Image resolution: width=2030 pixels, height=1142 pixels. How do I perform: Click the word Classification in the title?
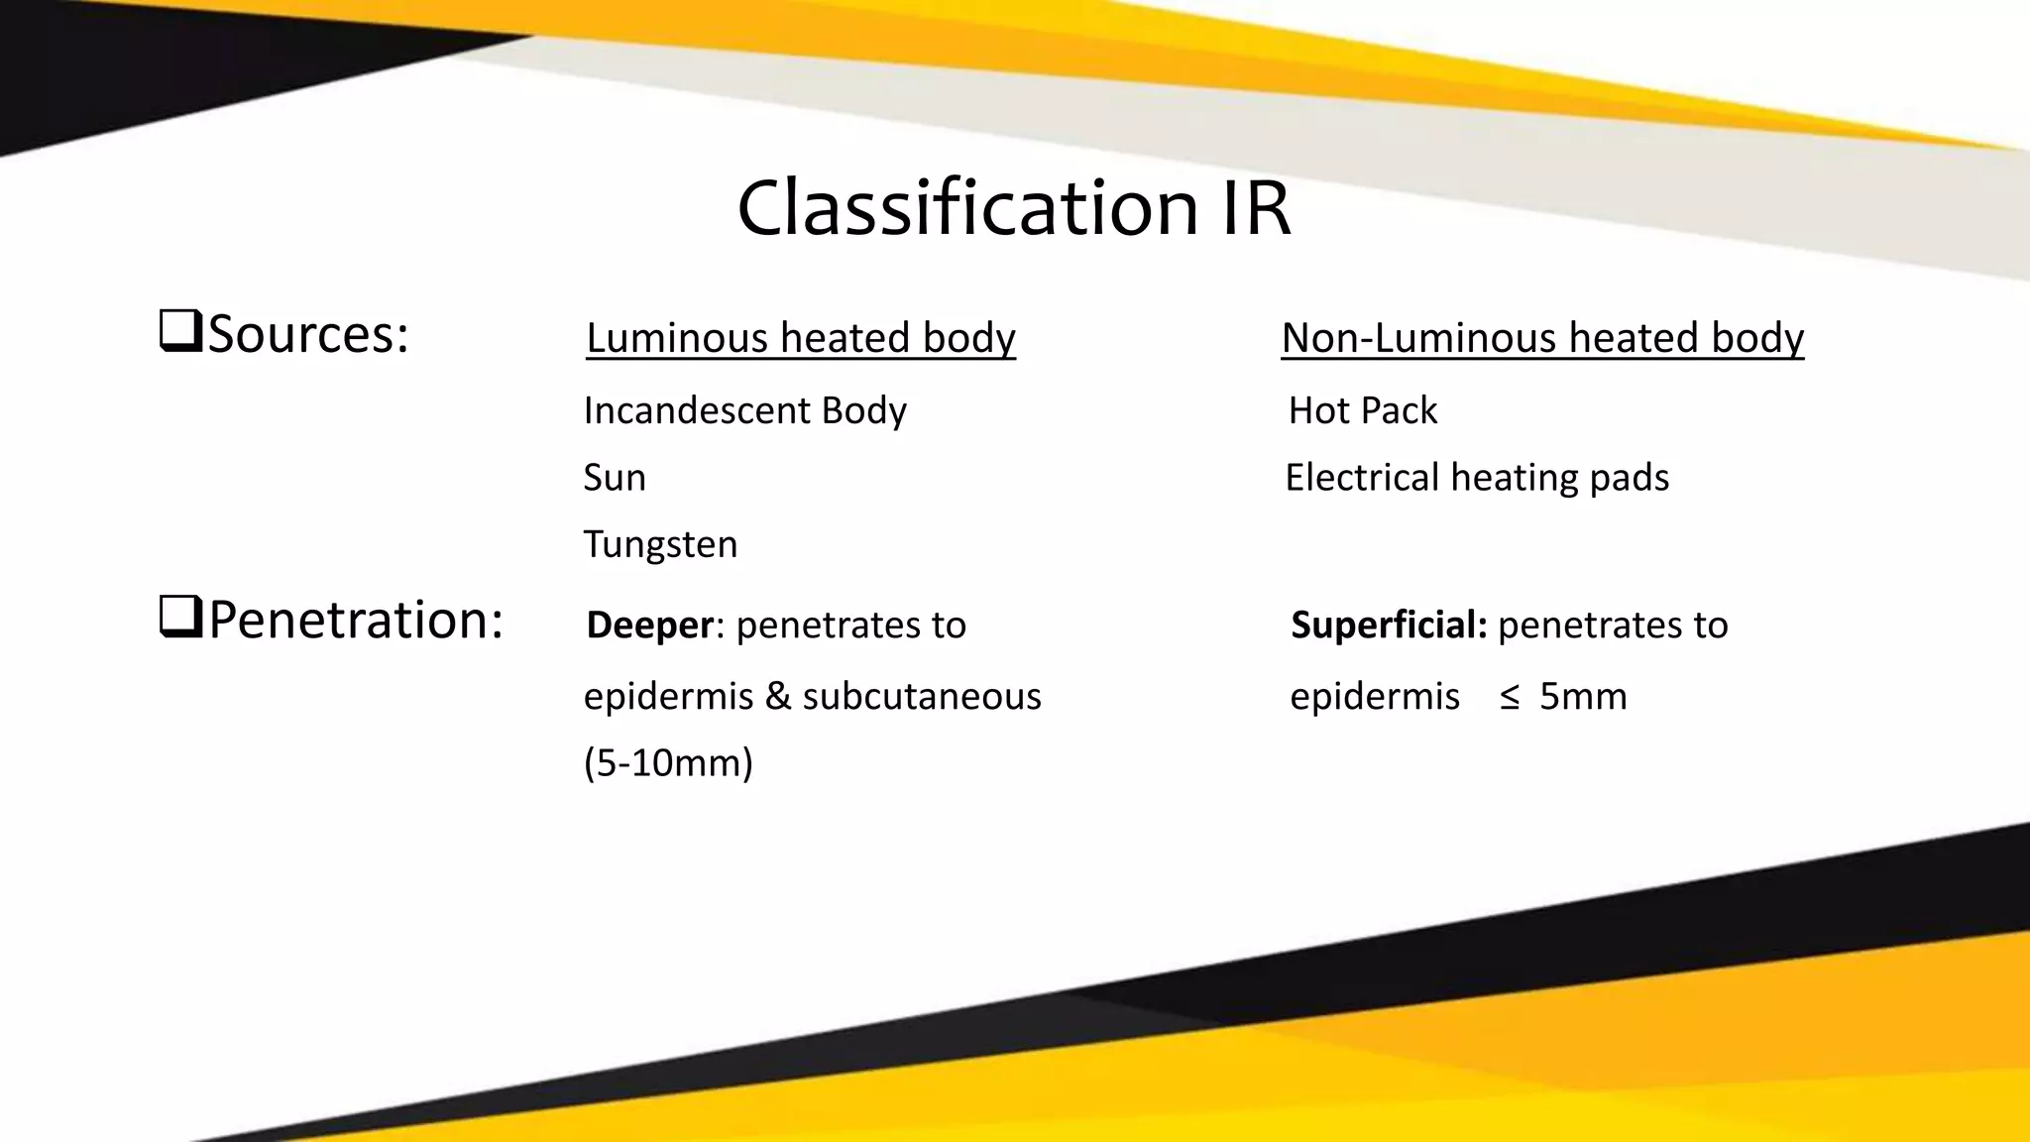coord(967,208)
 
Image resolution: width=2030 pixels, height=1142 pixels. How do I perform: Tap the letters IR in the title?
coord(1255,208)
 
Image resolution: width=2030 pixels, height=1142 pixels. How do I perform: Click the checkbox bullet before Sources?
coord(180,331)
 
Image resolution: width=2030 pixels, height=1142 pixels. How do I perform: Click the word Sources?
coord(307,334)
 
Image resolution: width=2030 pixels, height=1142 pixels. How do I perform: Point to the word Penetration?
coord(355,621)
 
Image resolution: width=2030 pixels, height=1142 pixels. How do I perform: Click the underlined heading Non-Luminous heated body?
coord(1542,338)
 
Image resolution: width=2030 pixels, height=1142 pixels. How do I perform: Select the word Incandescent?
coord(697,410)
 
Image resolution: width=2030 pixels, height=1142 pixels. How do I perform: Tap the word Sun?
coord(615,478)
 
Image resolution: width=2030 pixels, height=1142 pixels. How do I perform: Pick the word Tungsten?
coord(660,545)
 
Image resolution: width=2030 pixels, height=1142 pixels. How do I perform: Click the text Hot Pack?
coord(1362,410)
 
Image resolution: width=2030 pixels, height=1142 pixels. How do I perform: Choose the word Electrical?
coord(1362,478)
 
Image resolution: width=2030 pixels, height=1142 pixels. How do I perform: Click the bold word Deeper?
coord(649,626)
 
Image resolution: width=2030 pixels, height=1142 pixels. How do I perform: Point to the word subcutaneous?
coord(922,697)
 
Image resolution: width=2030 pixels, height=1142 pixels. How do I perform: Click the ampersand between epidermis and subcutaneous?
coord(778,697)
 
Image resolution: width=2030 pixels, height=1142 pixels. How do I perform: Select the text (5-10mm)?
coord(668,763)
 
